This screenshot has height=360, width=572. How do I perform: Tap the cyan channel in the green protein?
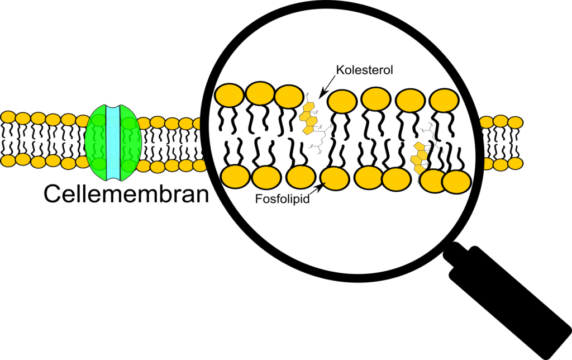coord(113,143)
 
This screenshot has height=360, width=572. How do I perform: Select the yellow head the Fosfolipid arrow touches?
coord(333,178)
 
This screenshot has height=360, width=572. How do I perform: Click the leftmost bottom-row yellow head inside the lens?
coord(235,177)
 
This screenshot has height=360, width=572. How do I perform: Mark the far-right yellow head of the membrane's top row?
coord(516,122)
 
